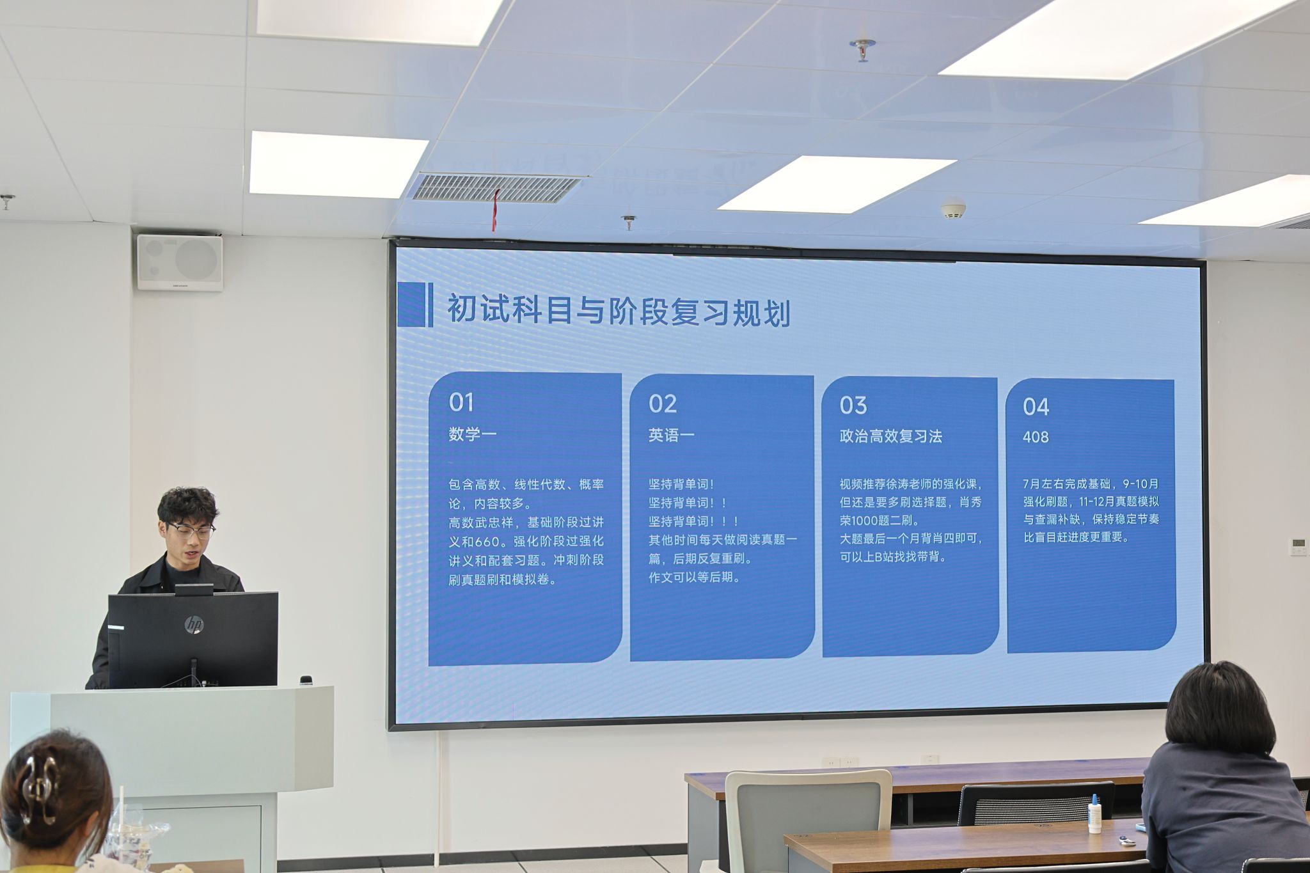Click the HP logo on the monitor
click(x=193, y=624)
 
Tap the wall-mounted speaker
click(x=180, y=262)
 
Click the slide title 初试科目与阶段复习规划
click(x=619, y=311)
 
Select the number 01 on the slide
click(x=461, y=402)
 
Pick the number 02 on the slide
click(x=663, y=404)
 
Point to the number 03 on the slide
click(x=853, y=405)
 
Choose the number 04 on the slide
click(x=1036, y=407)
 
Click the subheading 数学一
click(x=473, y=434)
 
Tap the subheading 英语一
click(x=671, y=436)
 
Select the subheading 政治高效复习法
click(x=891, y=436)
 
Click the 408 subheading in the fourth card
click(x=1036, y=437)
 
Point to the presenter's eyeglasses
click(x=191, y=530)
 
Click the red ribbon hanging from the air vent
click(x=495, y=210)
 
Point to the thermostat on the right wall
click(x=1298, y=546)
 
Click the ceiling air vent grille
click(x=496, y=187)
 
